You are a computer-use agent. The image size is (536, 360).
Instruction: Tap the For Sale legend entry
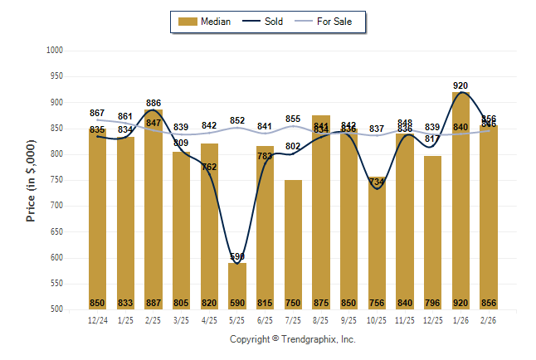coord(329,22)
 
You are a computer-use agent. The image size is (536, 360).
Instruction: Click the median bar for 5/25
coord(237,286)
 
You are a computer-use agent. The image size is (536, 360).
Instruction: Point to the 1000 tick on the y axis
coord(55,51)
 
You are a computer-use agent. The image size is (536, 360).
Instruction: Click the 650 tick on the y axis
coord(56,231)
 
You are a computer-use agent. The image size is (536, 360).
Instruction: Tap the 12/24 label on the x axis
coord(97,319)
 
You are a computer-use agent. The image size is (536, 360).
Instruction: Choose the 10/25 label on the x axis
coord(378,319)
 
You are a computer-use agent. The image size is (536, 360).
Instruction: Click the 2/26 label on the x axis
coord(490,319)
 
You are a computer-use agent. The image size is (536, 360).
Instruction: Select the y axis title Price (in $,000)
coord(31,180)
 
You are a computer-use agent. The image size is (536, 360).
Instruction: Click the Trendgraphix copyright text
coord(292,340)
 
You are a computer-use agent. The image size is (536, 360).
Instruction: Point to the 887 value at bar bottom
coord(153,303)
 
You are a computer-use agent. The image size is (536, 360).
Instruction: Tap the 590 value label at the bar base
coord(237,303)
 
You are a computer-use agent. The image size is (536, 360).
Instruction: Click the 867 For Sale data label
coord(97,113)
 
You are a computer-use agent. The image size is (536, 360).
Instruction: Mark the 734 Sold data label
coord(378,181)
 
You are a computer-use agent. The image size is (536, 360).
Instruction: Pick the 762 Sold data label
coord(209,167)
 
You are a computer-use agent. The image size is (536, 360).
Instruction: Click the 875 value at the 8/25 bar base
coord(321,303)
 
